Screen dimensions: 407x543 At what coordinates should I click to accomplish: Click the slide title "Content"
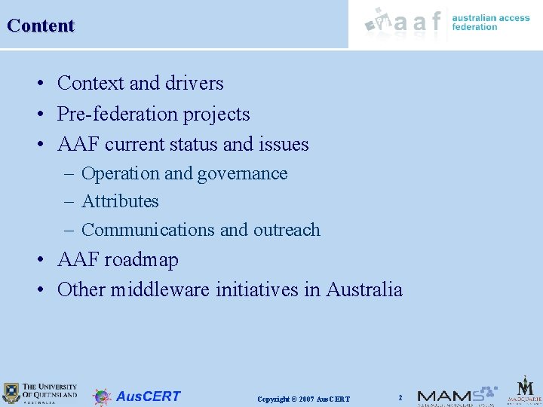(x=41, y=26)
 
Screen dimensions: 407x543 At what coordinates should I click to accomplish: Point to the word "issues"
(x=284, y=143)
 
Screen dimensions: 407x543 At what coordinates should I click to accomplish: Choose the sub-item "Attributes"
(x=120, y=201)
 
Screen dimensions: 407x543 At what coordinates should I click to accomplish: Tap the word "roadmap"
(x=142, y=260)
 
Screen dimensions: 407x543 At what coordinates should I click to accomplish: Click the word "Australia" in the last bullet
(x=364, y=289)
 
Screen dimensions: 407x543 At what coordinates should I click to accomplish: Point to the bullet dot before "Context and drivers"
(x=44, y=84)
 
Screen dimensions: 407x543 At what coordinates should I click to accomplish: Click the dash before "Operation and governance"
(x=69, y=174)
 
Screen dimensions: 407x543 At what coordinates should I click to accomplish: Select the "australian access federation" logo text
(x=490, y=22)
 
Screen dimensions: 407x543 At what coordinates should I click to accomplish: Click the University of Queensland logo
(x=40, y=392)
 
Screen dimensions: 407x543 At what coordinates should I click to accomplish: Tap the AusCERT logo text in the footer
(x=148, y=396)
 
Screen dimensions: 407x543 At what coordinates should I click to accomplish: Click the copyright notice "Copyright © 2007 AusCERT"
(x=303, y=399)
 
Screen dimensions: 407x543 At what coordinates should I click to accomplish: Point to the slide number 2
(x=400, y=397)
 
